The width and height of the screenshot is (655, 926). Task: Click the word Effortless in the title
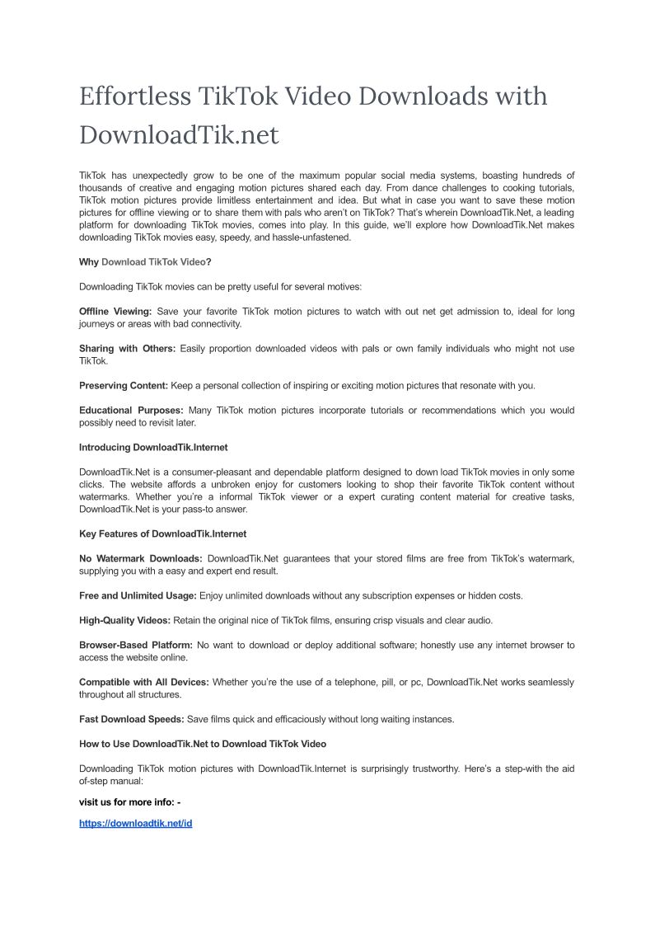coord(134,96)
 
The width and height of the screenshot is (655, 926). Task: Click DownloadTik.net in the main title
coord(179,134)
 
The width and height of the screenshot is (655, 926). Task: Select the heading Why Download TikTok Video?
coord(145,261)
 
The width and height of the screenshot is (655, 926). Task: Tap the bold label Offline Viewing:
coord(115,311)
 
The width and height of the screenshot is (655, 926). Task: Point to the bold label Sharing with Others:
coord(127,348)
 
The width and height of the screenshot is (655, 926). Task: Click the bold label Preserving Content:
coord(124,385)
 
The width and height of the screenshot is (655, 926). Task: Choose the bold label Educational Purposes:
coord(131,410)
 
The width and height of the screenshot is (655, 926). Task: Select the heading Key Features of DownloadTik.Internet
coord(162,534)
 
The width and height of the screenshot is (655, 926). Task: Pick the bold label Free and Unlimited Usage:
coord(138,595)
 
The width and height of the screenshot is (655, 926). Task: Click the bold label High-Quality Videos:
coord(124,620)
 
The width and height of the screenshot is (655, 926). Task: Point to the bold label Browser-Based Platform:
coord(136,645)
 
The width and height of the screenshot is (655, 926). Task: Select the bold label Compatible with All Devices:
coord(143,682)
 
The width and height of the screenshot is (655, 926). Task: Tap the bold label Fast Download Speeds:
coord(131,719)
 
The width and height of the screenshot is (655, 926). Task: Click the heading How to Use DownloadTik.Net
coord(202,744)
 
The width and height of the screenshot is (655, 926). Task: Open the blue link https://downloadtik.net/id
coord(135,823)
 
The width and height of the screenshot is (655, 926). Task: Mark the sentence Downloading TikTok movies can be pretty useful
coord(220,286)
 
